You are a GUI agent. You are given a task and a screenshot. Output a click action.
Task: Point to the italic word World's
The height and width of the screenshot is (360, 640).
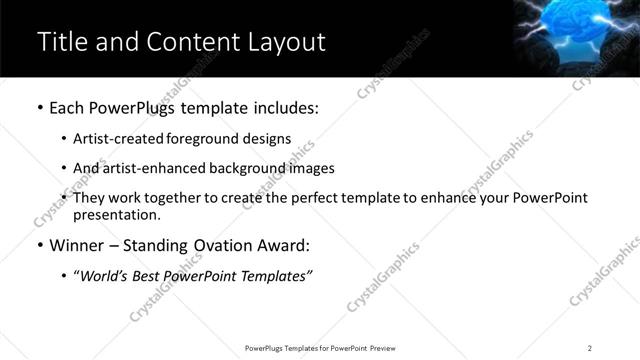pyautogui.click(x=104, y=275)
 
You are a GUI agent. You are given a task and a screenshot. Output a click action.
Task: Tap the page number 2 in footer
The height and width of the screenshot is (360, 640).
pyautogui.click(x=589, y=348)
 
